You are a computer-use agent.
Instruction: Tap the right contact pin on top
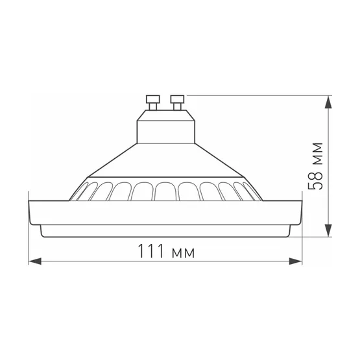(176, 101)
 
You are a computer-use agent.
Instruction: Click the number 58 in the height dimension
(316, 184)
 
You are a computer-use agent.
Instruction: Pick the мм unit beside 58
(316, 153)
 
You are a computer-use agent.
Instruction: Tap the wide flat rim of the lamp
(166, 211)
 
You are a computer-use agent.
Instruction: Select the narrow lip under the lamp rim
(166, 230)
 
